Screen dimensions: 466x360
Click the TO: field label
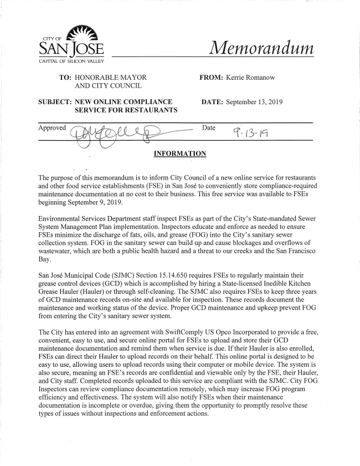65,78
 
